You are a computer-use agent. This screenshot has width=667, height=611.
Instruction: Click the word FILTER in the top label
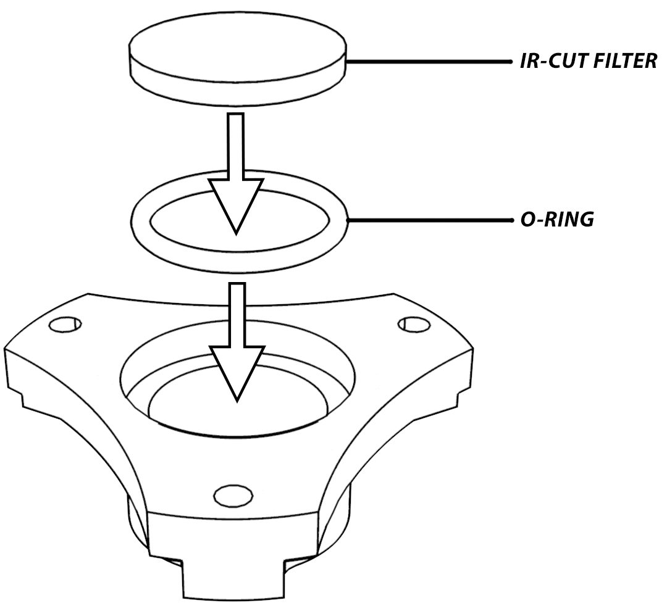point(625,61)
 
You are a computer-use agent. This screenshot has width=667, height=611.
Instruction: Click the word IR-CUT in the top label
point(553,61)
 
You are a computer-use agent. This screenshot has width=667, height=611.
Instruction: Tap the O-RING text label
point(557,220)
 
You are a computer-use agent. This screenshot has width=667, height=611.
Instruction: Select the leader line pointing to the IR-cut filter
point(429,62)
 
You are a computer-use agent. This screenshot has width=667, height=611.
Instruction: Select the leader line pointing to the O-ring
point(430,220)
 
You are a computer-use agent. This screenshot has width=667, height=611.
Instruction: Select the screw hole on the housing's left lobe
point(65,325)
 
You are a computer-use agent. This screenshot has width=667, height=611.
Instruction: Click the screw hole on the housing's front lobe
point(233,496)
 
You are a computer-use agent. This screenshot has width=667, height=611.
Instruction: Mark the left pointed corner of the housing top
point(5,349)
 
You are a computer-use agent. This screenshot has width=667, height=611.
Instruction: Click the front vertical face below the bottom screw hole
point(233,535)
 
